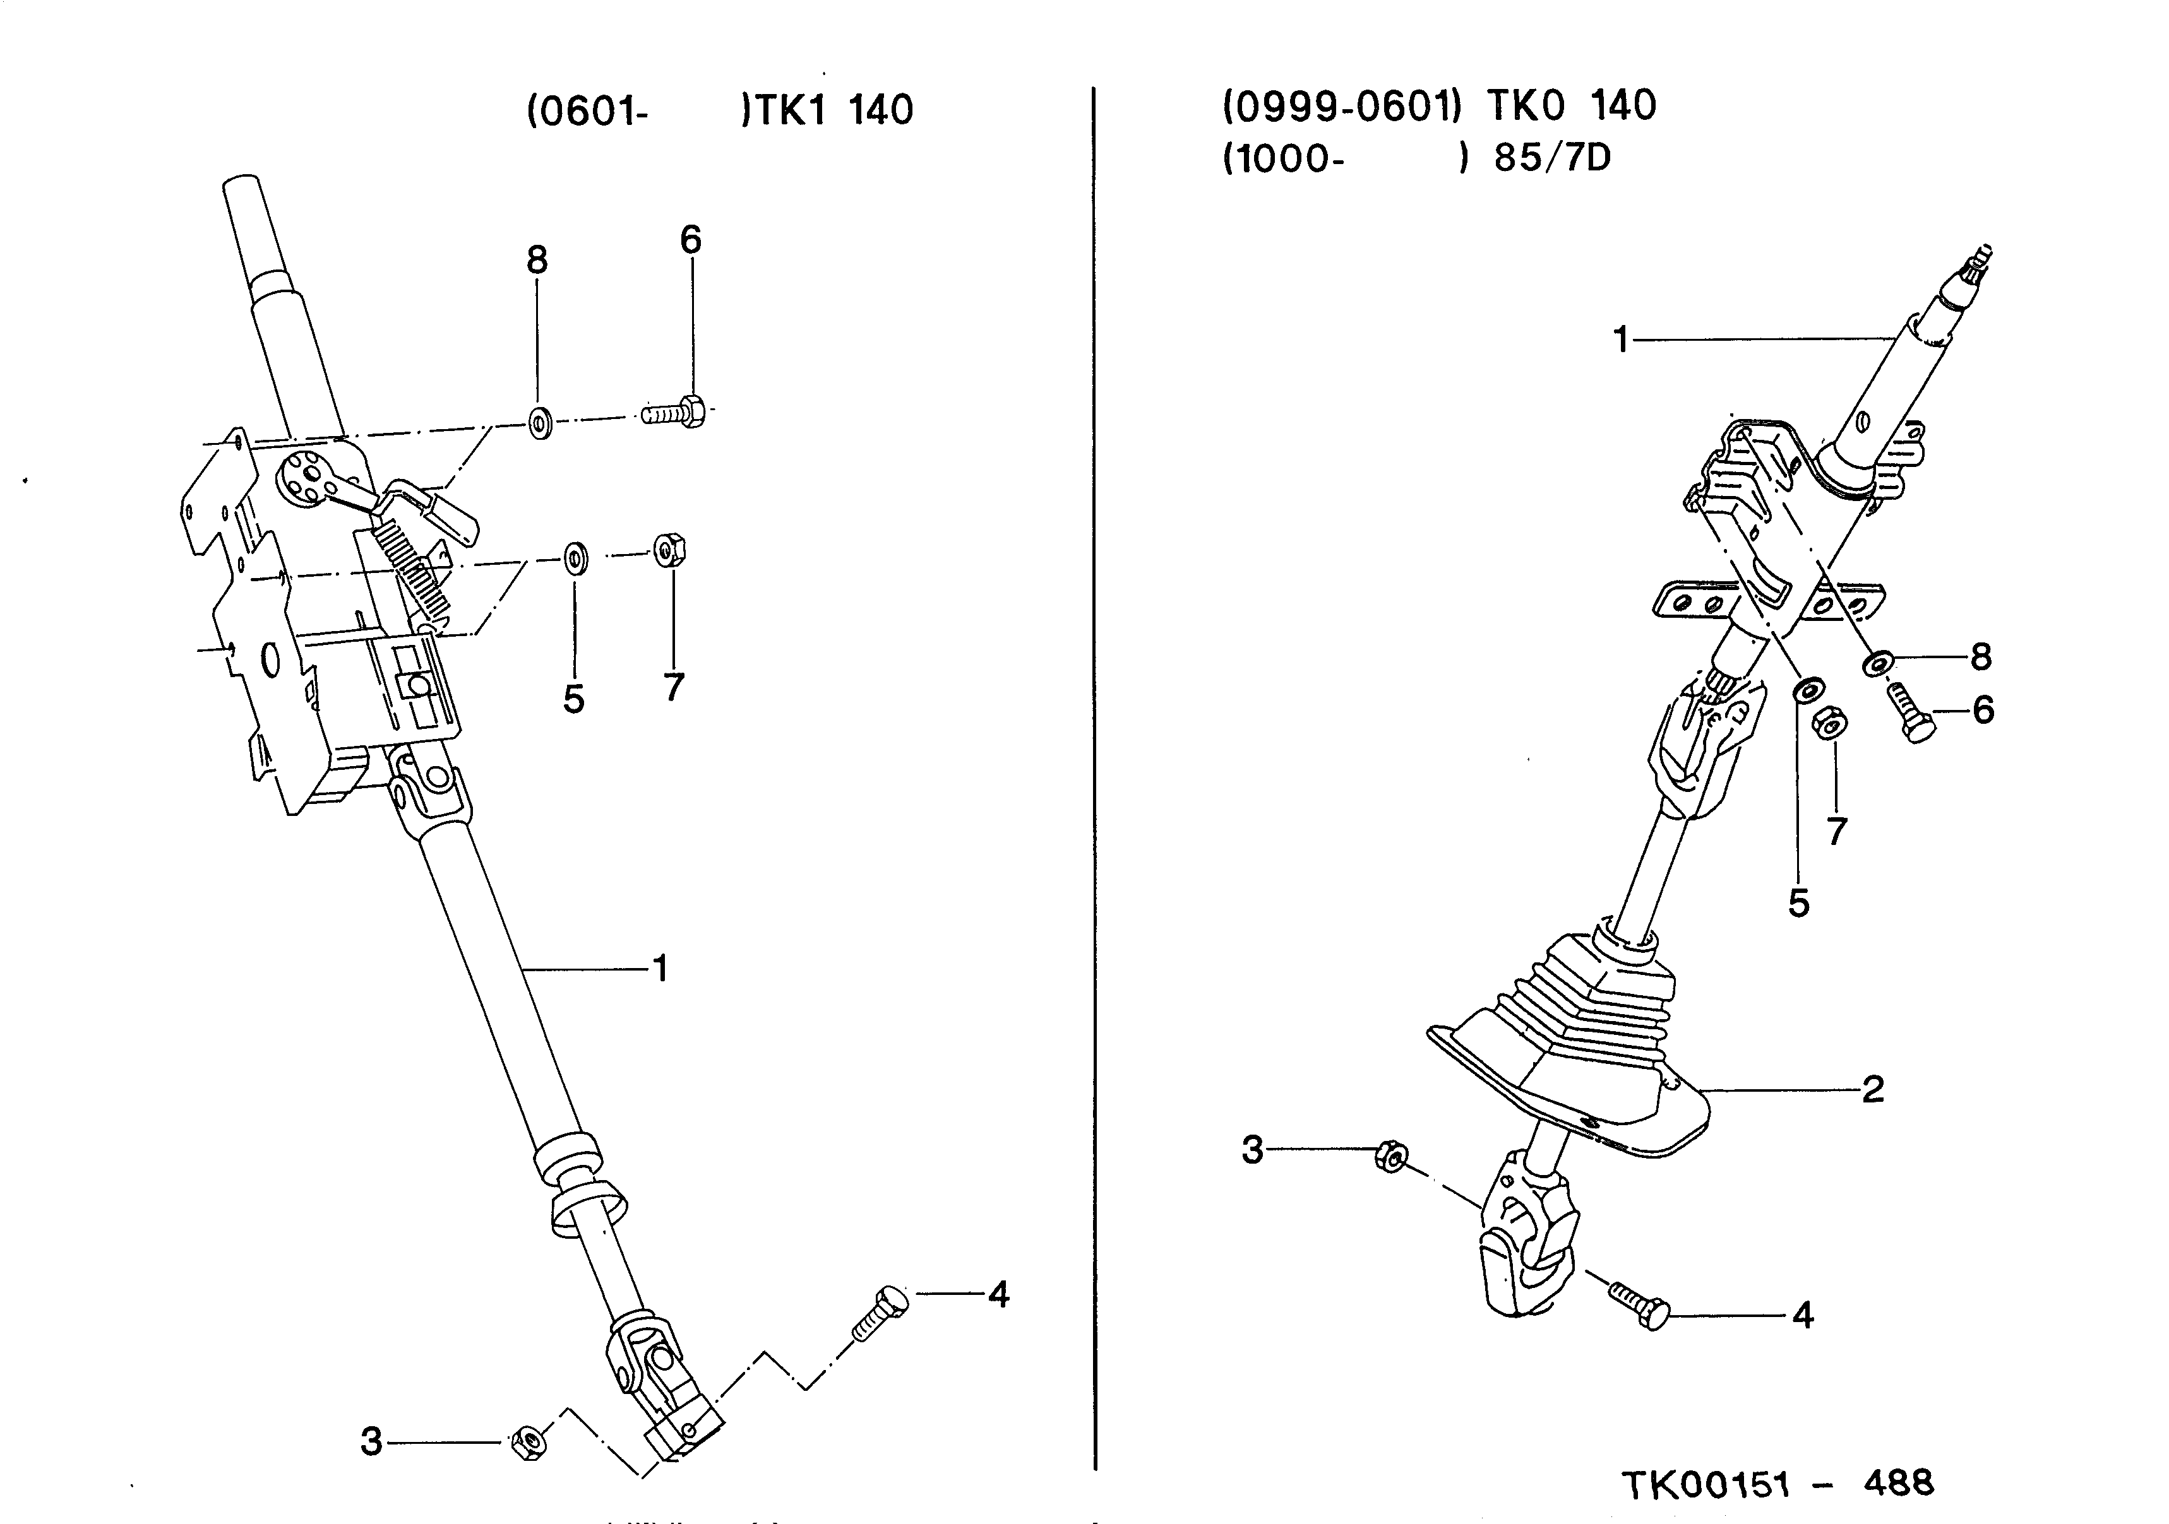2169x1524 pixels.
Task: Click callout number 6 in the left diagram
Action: (691, 241)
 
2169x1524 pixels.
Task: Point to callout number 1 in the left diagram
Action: (660, 969)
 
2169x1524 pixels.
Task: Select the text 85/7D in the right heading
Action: (1552, 158)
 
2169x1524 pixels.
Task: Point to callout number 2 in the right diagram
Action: (1872, 1090)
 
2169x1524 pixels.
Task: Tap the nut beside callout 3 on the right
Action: (1390, 1157)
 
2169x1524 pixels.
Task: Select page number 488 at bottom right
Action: (1899, 1482)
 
